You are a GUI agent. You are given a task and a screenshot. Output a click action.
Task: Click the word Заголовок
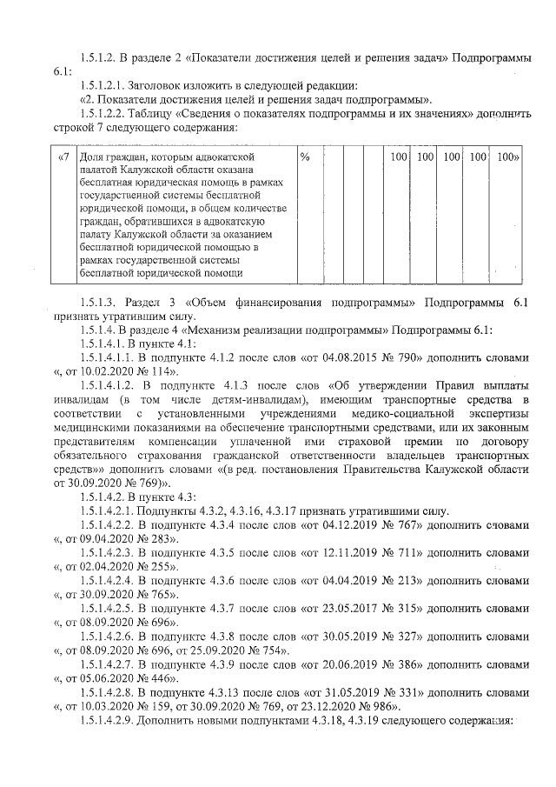154,85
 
